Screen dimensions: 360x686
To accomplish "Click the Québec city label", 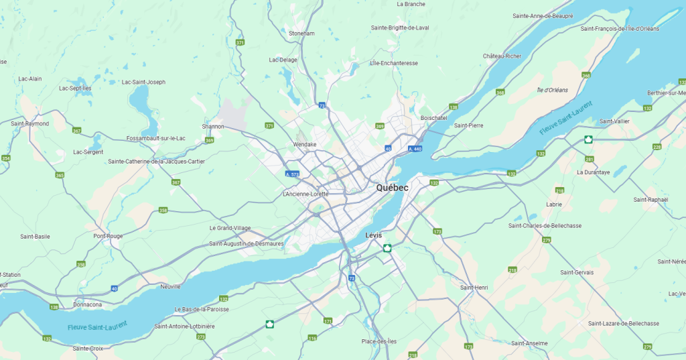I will coord(392,188).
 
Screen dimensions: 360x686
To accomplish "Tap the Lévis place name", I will coord(374,235).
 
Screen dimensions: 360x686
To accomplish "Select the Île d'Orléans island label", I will coord(552,90).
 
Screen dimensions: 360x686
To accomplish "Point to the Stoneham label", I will coord(301,33).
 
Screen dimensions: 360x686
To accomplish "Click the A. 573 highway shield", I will coord(291,174).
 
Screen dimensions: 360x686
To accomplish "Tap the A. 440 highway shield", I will coord(415,149).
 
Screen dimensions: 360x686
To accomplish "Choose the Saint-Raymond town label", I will coord(29,123).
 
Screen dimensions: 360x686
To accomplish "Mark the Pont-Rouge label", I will coord(109,236).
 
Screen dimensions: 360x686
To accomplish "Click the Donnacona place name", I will coord(88,304).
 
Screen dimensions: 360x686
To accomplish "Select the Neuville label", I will coord(170,286).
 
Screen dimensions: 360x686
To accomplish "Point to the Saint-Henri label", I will coord(474,287).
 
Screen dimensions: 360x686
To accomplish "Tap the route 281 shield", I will coord(589,159).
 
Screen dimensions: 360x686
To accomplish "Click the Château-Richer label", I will coord(502,56).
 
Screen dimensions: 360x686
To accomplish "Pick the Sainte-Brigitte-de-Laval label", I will coord(400,27).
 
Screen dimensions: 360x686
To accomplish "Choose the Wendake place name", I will coord(305,144).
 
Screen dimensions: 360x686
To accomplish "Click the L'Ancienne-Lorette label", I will coord(305,194).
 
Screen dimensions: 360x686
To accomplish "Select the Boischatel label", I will coord(433,117).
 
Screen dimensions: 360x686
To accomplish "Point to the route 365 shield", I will coord(60,175).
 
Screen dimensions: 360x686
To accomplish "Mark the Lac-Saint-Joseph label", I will coord(143,82).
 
